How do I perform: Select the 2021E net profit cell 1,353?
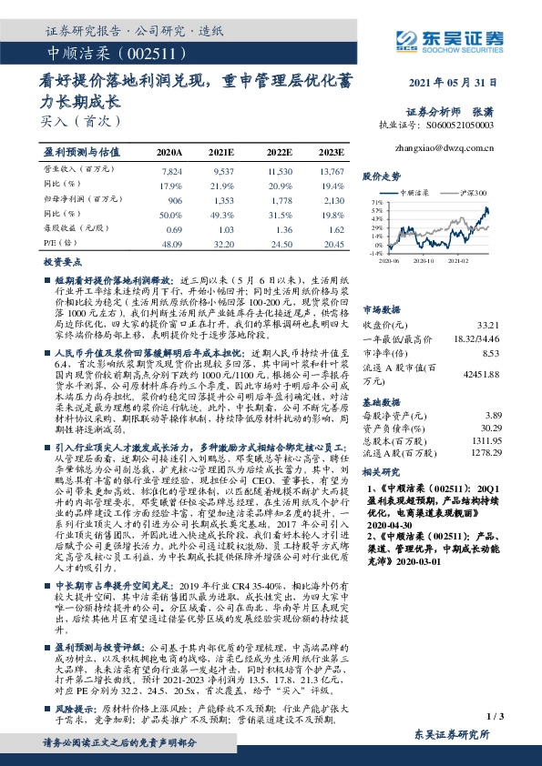click(x=222, y=199)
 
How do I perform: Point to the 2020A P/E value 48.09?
click(x=171, y=243)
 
